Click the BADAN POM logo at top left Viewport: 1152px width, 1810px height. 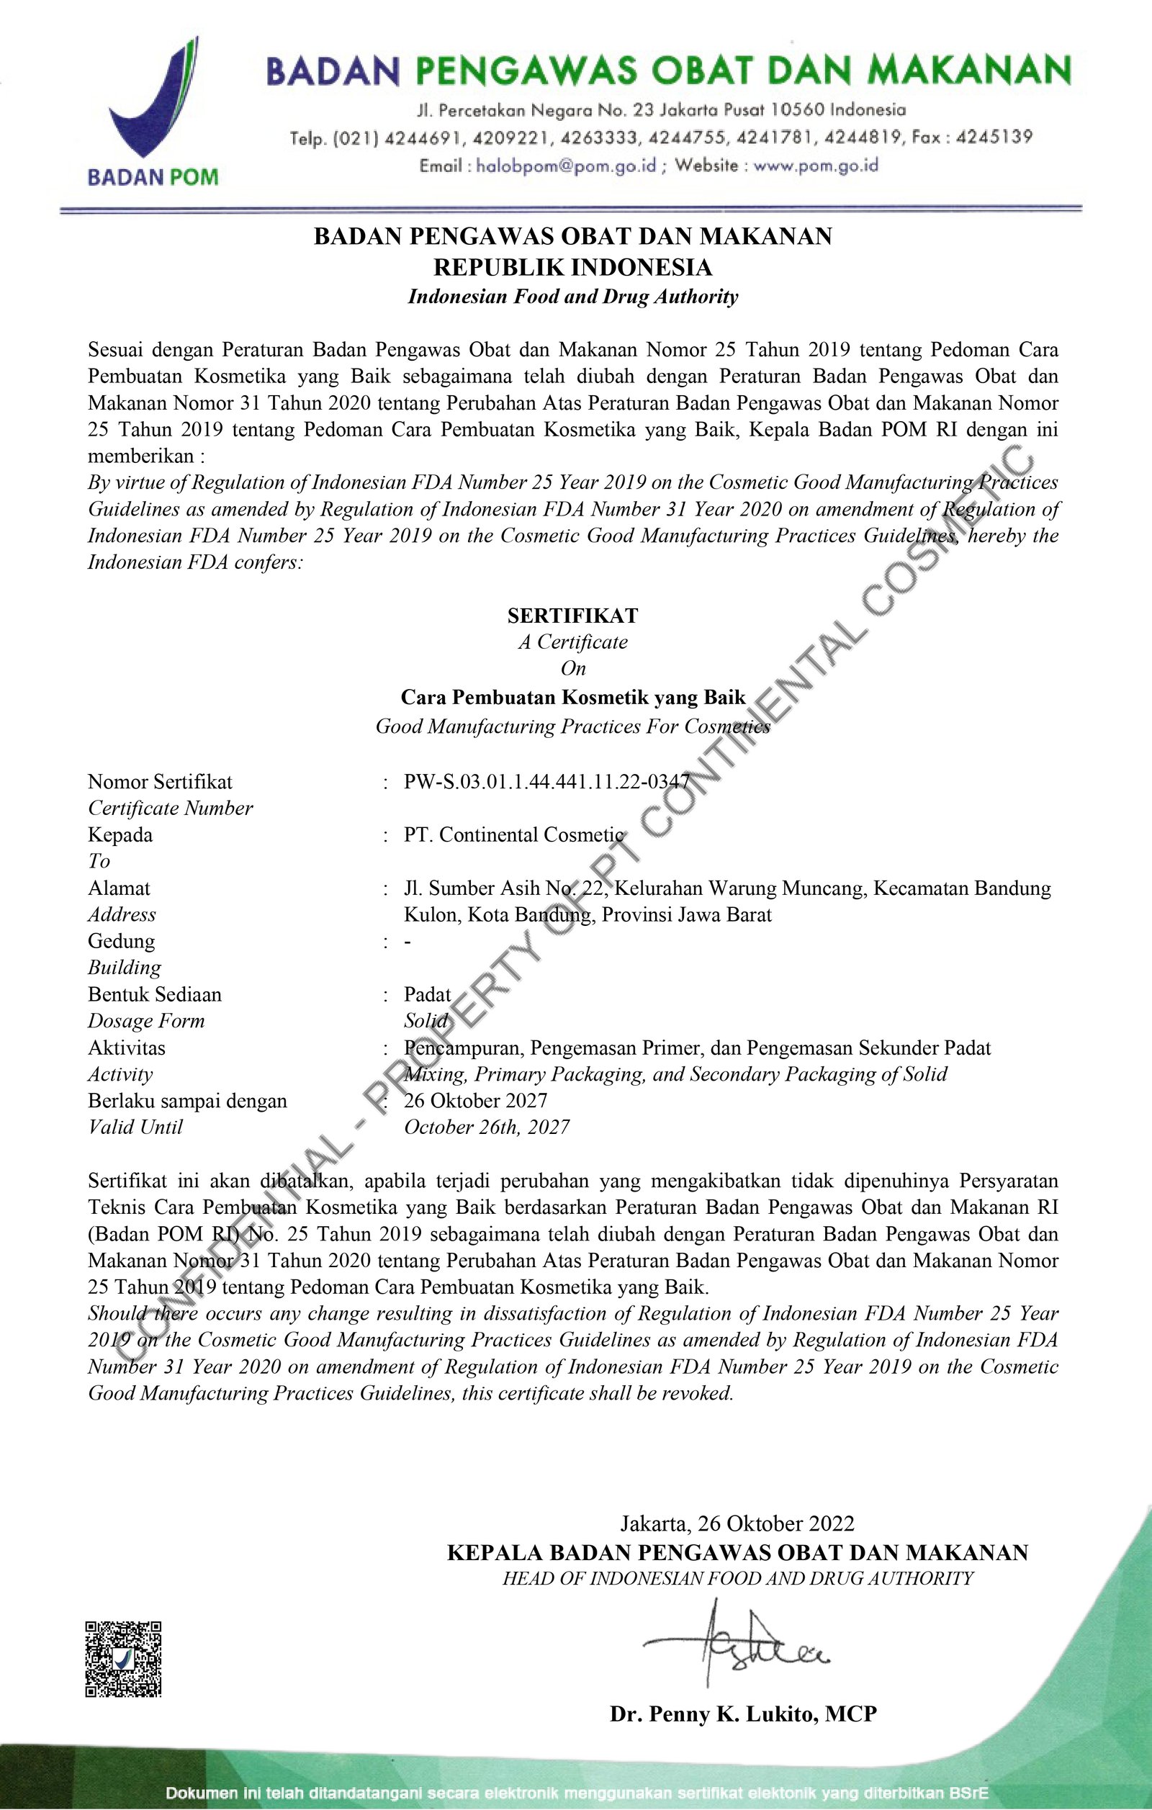pos(153,113)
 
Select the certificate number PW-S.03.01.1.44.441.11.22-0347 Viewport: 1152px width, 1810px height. pos(546,782)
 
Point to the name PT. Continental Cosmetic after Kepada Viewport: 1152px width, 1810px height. pos(514,834)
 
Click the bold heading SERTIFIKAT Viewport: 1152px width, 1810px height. pos(572,616)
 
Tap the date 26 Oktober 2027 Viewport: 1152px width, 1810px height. pos(476,1100)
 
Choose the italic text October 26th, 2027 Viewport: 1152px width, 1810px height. pos(486,1127)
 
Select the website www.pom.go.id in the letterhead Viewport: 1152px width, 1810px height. pos(815,166)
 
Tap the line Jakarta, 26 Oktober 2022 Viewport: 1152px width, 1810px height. pos(737,1523)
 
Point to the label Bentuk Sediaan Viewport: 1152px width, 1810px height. pos(155,994)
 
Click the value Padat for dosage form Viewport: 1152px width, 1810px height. pos(428,994)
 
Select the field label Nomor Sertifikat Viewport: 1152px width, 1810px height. pos(160,782)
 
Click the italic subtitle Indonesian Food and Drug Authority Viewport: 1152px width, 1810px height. pos(572,297)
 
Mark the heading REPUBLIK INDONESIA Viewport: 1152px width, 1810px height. pos(572,267)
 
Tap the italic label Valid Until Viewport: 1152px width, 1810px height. pos(135,1127)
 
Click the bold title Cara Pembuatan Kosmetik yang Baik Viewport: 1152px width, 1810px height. pos(572,698)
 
